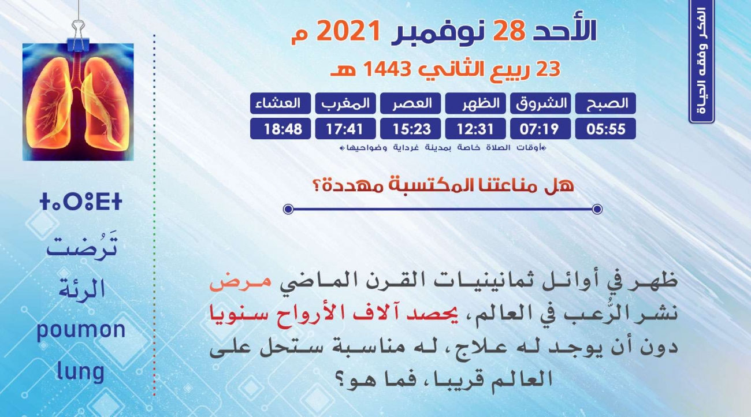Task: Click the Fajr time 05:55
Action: (x=605, y=129)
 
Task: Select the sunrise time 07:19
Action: (x=541, y=129)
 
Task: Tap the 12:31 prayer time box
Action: (x=475, y=129)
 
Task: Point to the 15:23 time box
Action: (x=410, y=129)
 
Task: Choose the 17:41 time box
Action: (x=345, y=129)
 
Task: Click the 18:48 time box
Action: (x=280, y=129)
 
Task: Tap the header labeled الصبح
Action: (x=605, y=103)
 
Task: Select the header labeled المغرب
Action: (x=345, y=103)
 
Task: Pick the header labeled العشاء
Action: (x=280, y=103)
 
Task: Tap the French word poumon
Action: (x=81, y=330)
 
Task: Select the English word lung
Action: (x=80, y=372)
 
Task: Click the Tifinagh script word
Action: (x=80, y=202)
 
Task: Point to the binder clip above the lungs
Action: (x=78, y=35)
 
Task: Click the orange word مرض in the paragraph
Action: (x=240, y=281)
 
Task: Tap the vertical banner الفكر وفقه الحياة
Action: (x=702, y=61)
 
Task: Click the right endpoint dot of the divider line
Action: (x=597, y=209)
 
